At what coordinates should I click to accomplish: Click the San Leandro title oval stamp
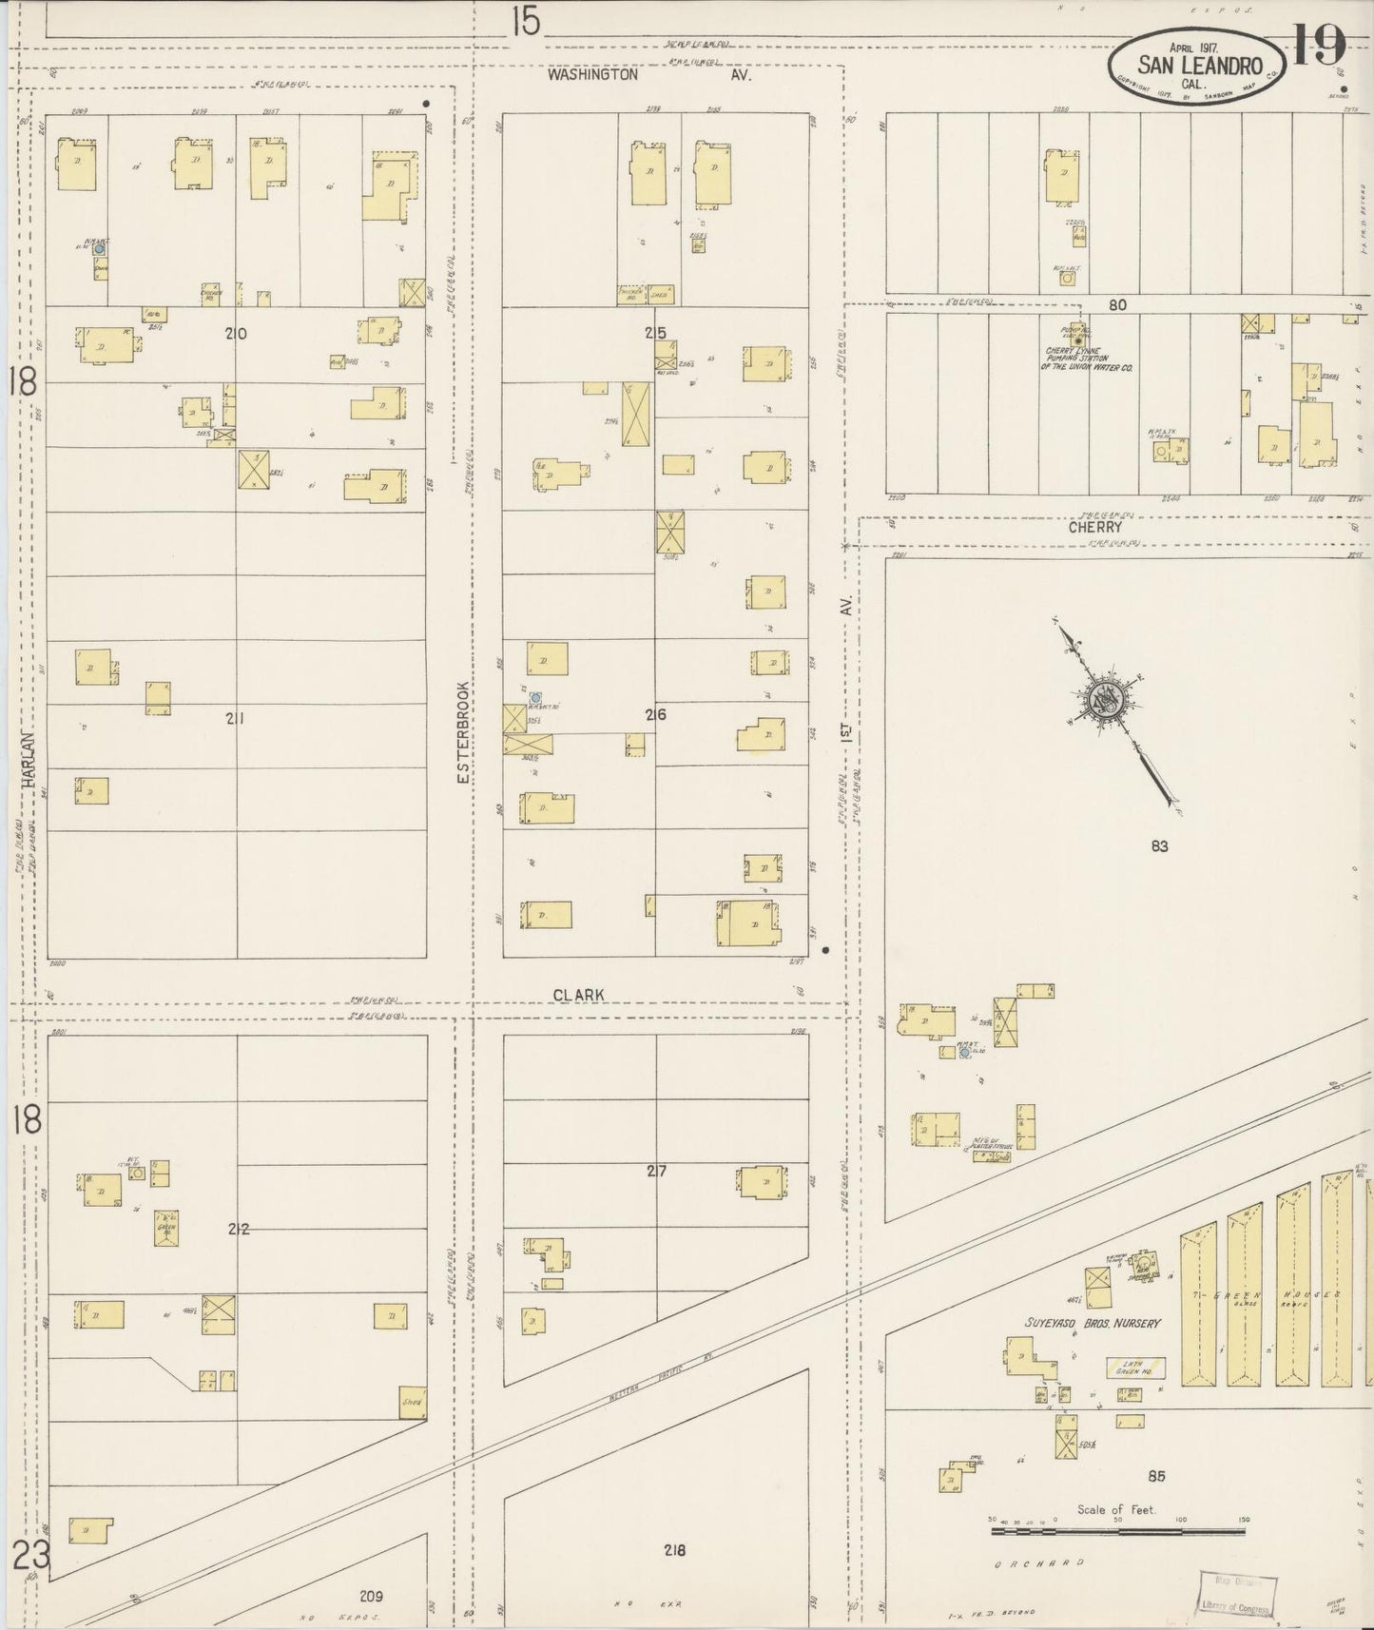[x=1195, y=65]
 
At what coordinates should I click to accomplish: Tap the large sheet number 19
[x=1318, y=45]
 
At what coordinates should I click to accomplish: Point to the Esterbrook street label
[x=463, y=731]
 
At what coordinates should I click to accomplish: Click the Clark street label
[x=579, y=995]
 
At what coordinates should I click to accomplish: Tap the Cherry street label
[x=1094, y=527]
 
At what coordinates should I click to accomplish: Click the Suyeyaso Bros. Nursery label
[x=1093, y=1323]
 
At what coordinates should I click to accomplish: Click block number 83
[x=1158, y=845]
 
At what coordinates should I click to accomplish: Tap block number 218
[x=675, y=1550]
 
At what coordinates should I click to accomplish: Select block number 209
[x=371, y=1596]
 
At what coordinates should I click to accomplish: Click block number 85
[x=1156, y=1476]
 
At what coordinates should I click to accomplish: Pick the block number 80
[x=1116, y=305]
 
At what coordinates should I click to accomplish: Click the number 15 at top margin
[x=524, y=21]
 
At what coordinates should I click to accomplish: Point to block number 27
[x=656, y=1171]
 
